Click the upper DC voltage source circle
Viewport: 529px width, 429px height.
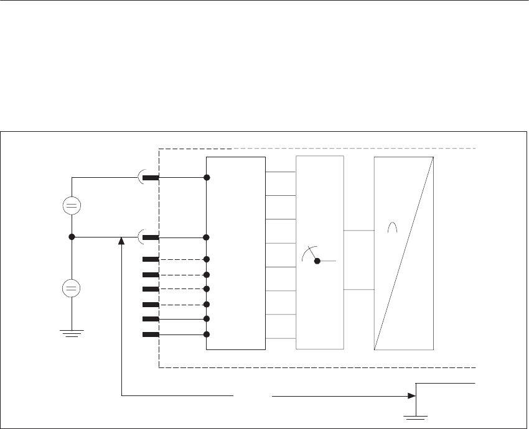(72, 206)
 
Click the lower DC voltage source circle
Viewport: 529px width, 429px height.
(72, 288)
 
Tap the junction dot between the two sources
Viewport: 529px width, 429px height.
(72, 237)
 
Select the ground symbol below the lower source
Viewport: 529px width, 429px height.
(72, 333)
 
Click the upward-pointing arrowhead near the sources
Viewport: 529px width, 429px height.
(121, 241)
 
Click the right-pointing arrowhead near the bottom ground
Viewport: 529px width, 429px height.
(411, 395)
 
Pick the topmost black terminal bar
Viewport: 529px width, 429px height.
(151, 178)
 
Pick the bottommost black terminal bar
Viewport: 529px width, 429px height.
(151, 334)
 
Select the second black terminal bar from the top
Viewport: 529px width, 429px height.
(151, 238)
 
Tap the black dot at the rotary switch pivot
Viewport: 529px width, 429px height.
(317, 261)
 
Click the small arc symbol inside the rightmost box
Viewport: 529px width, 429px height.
(392, 229)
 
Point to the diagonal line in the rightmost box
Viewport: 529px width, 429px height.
(403, 254)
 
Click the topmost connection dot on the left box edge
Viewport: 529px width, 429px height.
(207, 178)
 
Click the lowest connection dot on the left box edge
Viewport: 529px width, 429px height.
(207, 334)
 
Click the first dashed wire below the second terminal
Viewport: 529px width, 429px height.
(182, 259)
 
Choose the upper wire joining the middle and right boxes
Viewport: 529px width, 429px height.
(358, 231)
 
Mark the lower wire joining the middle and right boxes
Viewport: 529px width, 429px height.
(358, 290)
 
